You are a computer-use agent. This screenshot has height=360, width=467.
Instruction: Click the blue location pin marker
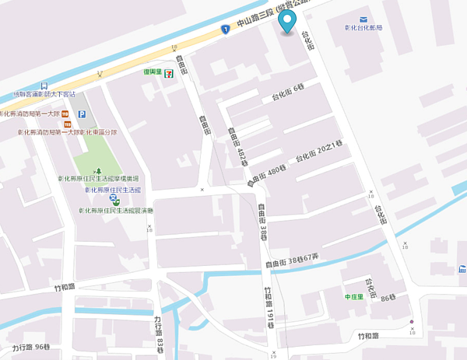pos(288,21)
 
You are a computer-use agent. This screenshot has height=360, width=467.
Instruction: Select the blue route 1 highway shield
pos(224,30)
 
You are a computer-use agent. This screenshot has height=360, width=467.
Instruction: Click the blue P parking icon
pos(82,114)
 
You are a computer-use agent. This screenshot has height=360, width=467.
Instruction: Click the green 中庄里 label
pos(355,297)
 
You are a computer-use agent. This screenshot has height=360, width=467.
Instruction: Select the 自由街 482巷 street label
pos(236,147)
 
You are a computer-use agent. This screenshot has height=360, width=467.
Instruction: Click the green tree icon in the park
pos(97,170)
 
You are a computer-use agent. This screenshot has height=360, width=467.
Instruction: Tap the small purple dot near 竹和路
pos(412,322)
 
